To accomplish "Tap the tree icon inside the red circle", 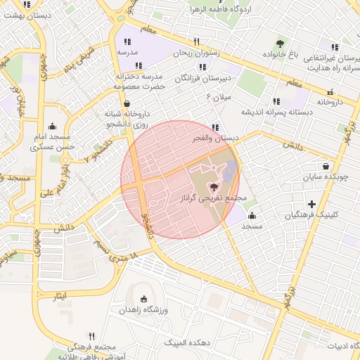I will [214, 187].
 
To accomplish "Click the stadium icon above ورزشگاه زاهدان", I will [145, 298].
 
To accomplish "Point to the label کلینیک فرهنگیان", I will [311, 215].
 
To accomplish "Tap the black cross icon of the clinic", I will [312, 204].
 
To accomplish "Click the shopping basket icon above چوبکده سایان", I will [326, 166].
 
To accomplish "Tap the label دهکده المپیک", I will [181, 342].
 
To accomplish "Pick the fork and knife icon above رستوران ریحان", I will [197, 41].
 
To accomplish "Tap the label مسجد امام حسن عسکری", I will [51, 141].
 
